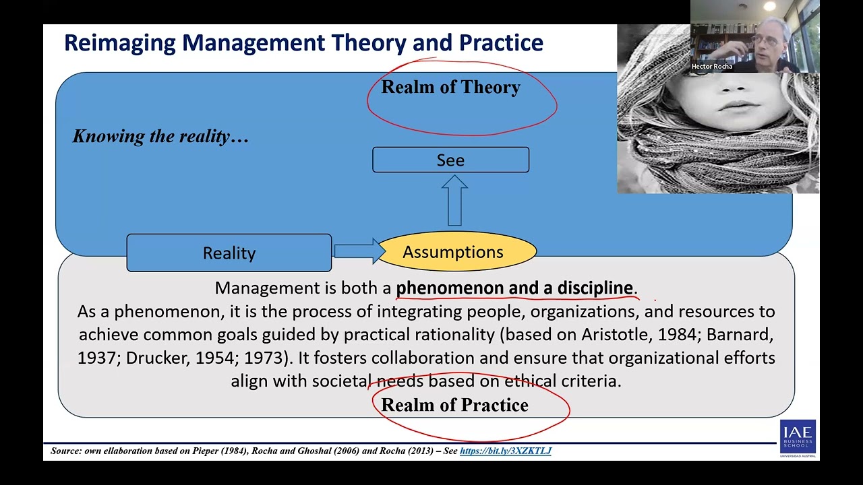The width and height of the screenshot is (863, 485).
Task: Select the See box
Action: [450, 160]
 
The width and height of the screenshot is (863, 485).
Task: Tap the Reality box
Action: [229, 253]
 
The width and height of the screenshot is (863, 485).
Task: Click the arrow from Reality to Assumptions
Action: [358, 251]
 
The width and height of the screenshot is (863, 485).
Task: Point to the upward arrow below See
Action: [455, 201]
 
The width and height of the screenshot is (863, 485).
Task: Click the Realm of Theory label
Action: [450, 88]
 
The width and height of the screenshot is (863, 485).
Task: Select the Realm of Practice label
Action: [454, 405]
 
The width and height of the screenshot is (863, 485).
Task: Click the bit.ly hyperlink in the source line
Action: [505, 451]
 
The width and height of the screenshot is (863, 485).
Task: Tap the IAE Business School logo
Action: [798, 439]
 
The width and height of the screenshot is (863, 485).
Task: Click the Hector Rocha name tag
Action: [711, 67]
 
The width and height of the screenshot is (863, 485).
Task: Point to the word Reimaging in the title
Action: [120, 43]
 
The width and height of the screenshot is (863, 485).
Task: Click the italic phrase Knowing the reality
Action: [160, 136]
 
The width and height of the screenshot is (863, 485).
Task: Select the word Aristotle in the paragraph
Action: [616, 335]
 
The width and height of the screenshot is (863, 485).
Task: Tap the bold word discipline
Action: [595, 288]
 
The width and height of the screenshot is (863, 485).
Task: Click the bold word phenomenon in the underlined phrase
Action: [450, 288]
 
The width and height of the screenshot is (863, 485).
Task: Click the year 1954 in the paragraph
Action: [215, 358]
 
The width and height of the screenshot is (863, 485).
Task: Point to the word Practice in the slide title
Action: [501, 43]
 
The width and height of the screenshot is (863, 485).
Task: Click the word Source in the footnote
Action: [65, 451]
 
